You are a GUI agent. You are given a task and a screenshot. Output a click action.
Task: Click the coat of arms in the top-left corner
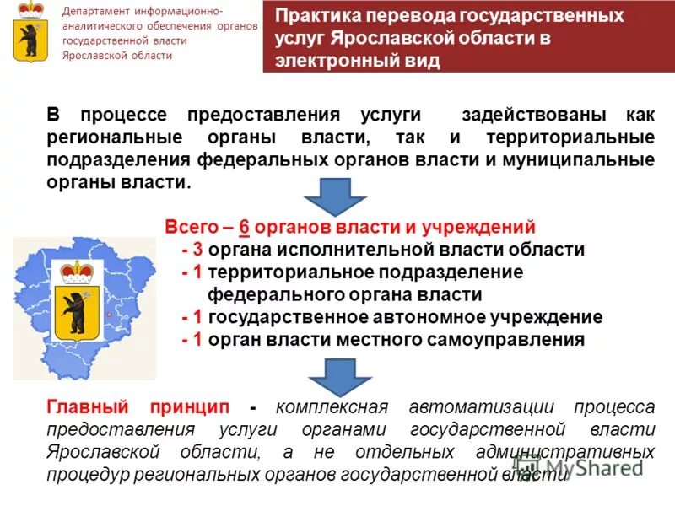(x=32, y=32)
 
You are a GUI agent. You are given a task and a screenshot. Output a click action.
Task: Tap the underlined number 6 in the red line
(x=244, y=227)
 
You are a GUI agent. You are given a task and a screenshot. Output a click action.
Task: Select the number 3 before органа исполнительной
(x=197, y=250)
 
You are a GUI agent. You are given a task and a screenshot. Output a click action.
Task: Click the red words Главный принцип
(x=139, y=406)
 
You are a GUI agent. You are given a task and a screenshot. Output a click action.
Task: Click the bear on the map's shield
(x=77, y=313)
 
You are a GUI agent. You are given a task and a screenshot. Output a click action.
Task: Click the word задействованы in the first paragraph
(x=526, y=115)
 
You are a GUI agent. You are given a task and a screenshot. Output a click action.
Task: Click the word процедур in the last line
(x=85, y=474)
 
